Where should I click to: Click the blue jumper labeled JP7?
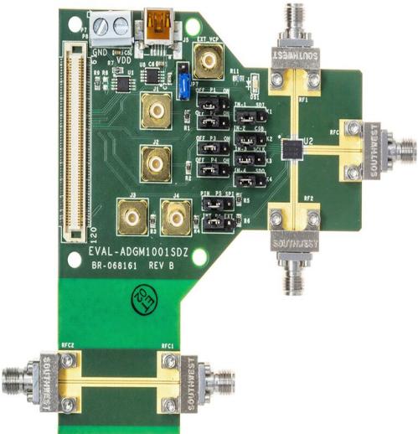tap(178, 81)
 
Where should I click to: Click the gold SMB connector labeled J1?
tap(157, 109)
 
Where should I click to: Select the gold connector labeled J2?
tap(157, 164)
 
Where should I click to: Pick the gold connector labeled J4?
tap(175, 220)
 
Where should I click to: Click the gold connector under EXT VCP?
tap(206, 59)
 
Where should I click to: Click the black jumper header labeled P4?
tap(209, 162)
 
